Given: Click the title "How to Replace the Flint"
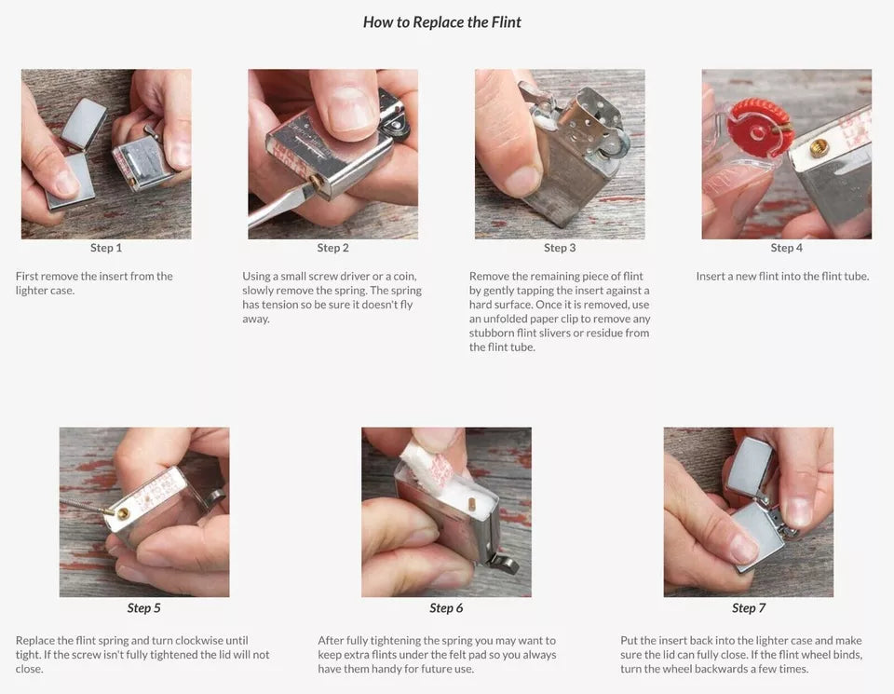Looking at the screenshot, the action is (x=441, y=22).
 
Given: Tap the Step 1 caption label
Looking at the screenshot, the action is (x=106, y=248).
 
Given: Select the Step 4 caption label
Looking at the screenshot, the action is (x=786, y=248).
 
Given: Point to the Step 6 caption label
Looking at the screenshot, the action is (x=446, y=608).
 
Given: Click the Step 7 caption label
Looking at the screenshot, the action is (x=749, y=608).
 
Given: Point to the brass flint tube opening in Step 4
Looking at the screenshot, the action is (x=818, y=148).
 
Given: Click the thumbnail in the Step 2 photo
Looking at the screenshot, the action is (x=348, y=108).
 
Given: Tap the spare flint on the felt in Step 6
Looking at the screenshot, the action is (x=472, y=505).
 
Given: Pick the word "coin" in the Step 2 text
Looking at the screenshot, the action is (x=404, y=276).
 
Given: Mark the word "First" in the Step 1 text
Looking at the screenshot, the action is (x=27, y=276).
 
